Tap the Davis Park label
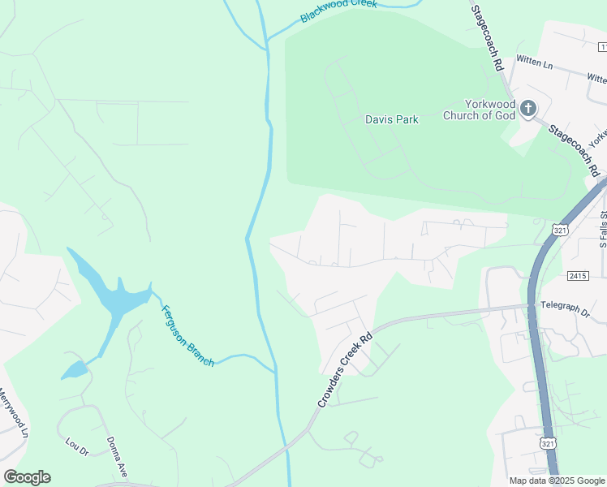click(x=391, y=119)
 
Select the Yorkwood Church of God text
click(x=479, y=109)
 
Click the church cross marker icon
click(x=528, y=109)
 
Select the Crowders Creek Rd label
click(x=344, y=370)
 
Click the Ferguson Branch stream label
click(x=187, y=334)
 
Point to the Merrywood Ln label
click(x=14, y=414)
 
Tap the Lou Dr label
click(x=75, y=446)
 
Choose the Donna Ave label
click(x=118, y=457)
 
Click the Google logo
click(x=27, y=477)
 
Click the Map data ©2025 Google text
click(x=557, y=481)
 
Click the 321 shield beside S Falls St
click(x=559, y=231)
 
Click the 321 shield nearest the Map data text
click(x=548, y=442)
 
